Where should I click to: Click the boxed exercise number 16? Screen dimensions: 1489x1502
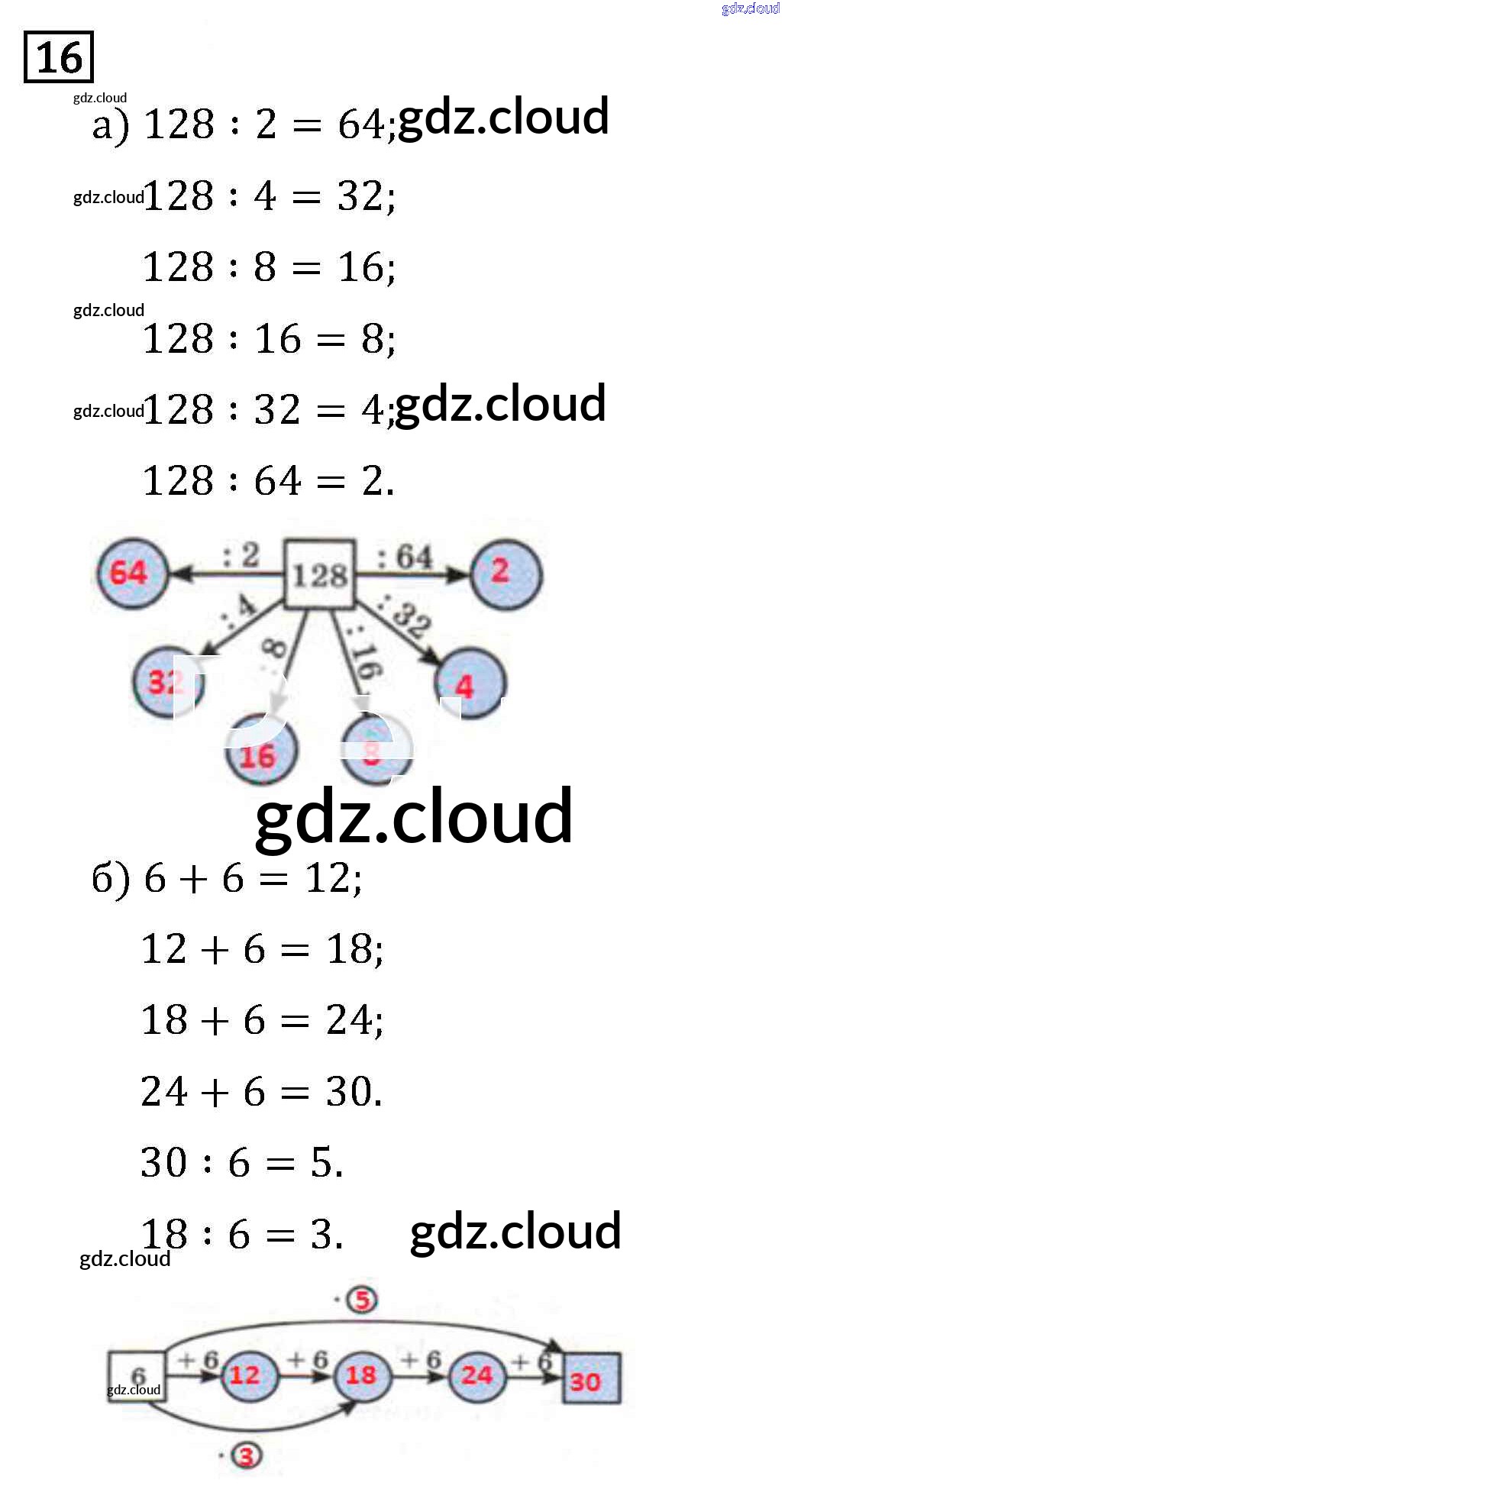(59, 57)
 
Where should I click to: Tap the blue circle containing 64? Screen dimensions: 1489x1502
(132, 573)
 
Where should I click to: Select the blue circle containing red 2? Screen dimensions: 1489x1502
(506, 573)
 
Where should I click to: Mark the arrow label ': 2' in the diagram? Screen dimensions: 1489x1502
(241, 554)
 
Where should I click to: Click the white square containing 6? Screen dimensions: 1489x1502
(137, 1376)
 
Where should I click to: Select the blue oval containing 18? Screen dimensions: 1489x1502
(361, 1375)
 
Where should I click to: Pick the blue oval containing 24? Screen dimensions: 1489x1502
(476, 1376)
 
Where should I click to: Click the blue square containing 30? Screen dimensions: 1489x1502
(591, 1379)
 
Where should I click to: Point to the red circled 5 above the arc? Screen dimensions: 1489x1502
(362, 1300)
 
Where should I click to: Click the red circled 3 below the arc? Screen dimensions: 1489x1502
(247, 1455)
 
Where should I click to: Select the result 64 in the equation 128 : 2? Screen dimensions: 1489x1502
(360, 124)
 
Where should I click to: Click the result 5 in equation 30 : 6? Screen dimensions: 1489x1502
(322, 1163)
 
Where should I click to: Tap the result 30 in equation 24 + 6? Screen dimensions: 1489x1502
(349, 1092)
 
